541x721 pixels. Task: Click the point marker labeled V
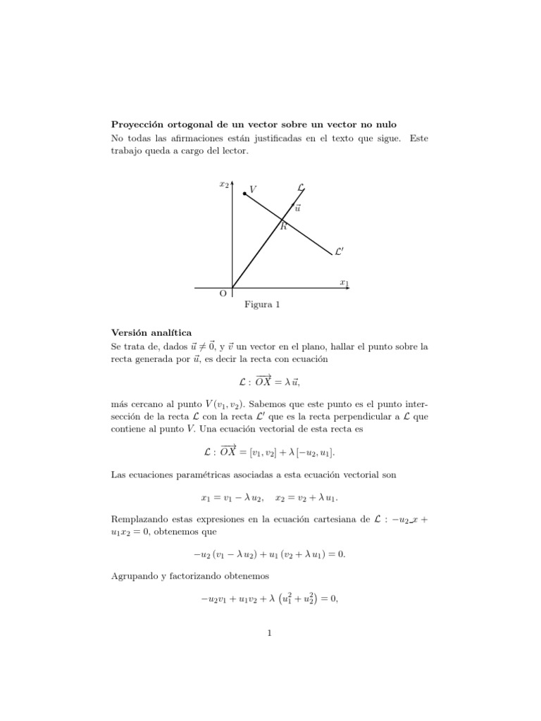point(244,192)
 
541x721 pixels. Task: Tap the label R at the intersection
point(283,226)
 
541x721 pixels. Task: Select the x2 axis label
point(224,184)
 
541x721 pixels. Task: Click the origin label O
point(223,293)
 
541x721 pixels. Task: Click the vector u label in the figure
point(298,208)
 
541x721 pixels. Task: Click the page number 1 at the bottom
point(270,632)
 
